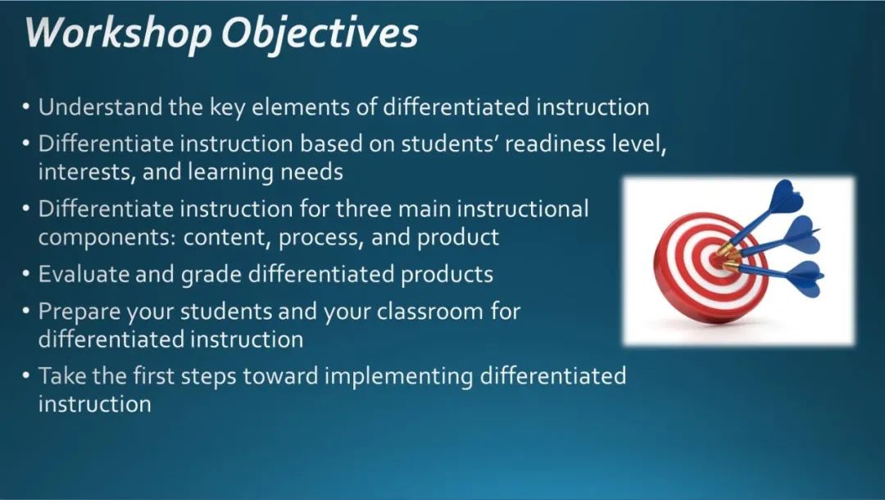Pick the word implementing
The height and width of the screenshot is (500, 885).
398,377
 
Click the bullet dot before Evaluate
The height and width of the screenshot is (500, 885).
26,274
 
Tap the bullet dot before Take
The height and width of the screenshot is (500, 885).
26,375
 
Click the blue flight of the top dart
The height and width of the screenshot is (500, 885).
786,196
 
